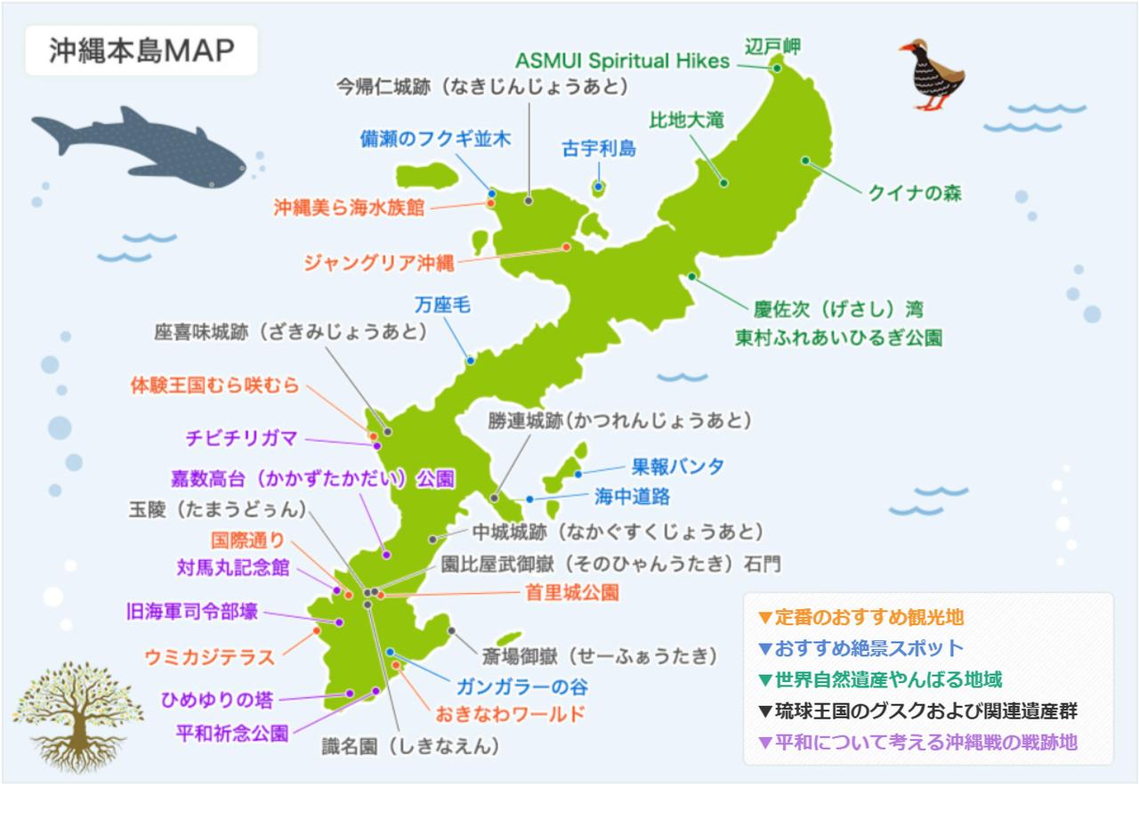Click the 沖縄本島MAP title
141,51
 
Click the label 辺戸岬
772,45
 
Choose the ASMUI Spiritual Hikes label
622,61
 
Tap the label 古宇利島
599,149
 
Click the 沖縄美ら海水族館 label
349,208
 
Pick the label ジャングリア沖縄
378,263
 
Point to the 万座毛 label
442,305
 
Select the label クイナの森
915,193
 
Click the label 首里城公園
572,593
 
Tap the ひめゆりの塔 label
217,700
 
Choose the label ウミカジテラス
209,657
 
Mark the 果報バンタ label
677,467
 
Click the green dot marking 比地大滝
723,183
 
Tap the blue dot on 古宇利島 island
599,187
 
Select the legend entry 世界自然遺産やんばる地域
888,680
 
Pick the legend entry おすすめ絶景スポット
868,648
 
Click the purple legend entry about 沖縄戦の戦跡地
925,742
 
